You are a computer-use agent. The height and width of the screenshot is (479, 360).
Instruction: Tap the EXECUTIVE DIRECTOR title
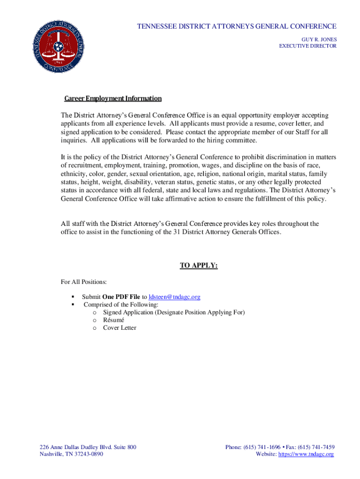click(x=308, y=46)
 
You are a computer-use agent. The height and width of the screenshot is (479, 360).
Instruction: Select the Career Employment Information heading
click(x=113, y=99)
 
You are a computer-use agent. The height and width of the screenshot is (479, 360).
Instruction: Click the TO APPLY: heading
click(x=199, y=266)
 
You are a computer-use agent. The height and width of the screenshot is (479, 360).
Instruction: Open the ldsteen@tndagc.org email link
click(x=174, y=297)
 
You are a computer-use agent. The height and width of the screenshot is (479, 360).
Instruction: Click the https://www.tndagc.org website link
click(x=306, y=454)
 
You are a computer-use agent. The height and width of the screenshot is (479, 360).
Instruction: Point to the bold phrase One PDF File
click(x=121, y=297)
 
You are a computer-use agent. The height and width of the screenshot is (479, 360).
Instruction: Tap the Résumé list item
click(x=114, y=320)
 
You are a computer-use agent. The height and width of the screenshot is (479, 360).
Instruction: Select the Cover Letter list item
click(x=120, y=328)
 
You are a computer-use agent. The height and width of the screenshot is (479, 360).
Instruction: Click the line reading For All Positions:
click(x=84, y=282)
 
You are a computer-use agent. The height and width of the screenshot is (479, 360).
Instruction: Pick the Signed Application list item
click(x=174, y=312)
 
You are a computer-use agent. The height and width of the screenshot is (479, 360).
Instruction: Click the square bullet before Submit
click(x=73, y=297)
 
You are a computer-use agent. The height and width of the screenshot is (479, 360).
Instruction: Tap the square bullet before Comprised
click(x=73, y=305)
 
